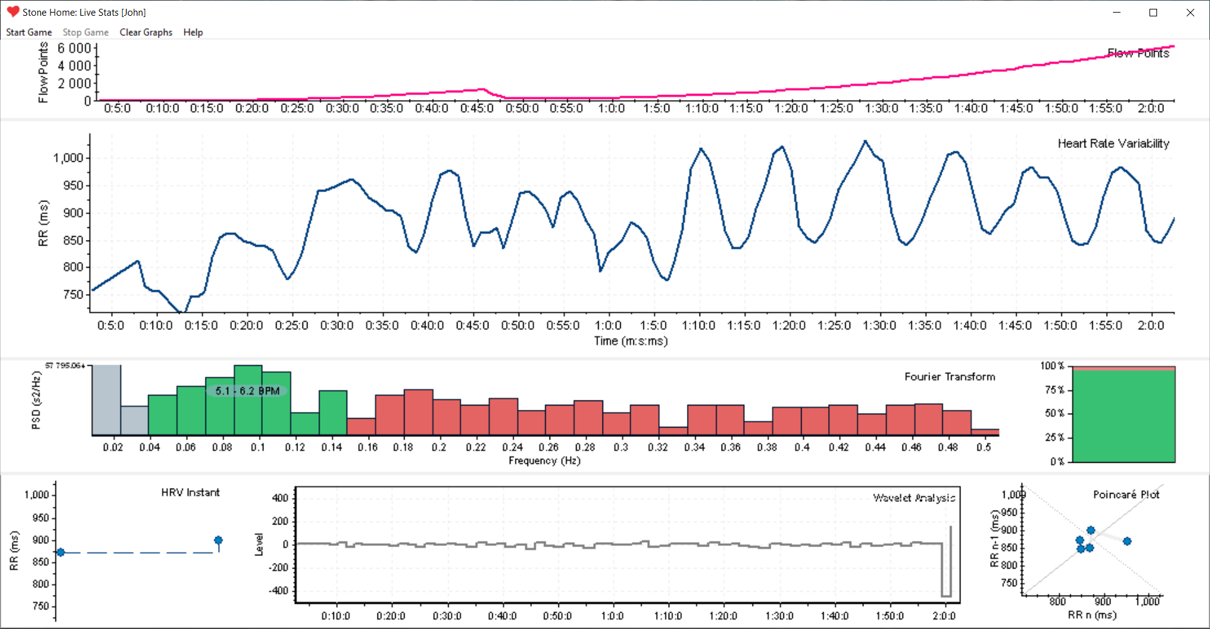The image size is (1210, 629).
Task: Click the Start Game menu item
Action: coord(29,32)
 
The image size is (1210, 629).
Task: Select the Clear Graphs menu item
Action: coord(146,32)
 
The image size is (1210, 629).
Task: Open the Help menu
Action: coord(193,32)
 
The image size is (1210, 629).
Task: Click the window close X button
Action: coord(1190,13)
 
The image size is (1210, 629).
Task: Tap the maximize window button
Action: coord(1153,13)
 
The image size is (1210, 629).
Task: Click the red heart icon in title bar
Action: coord(13,12)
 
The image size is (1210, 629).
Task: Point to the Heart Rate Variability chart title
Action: coord(1113,144)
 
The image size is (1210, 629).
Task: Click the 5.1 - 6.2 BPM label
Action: coord(247,391)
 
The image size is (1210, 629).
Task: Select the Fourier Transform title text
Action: coord(950,377)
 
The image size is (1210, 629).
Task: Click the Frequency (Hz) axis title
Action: coord(544,461)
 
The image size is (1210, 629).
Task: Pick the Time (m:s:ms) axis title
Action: coord(631,341)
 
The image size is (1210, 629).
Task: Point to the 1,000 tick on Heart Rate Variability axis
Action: coord(68,158)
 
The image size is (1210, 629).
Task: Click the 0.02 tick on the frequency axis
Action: coord(113,447)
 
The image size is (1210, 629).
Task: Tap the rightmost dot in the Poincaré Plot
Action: coord(1127,541)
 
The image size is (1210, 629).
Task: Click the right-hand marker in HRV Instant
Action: coord(218,540)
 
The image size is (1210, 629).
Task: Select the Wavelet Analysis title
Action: coord(914,498)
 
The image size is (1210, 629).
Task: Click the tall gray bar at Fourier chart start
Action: coord(107,400)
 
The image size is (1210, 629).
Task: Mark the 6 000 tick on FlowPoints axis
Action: coord(74,48)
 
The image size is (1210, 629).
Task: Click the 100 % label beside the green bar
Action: coord(1052,366)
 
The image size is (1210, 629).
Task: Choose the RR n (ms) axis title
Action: coord(1092,615)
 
